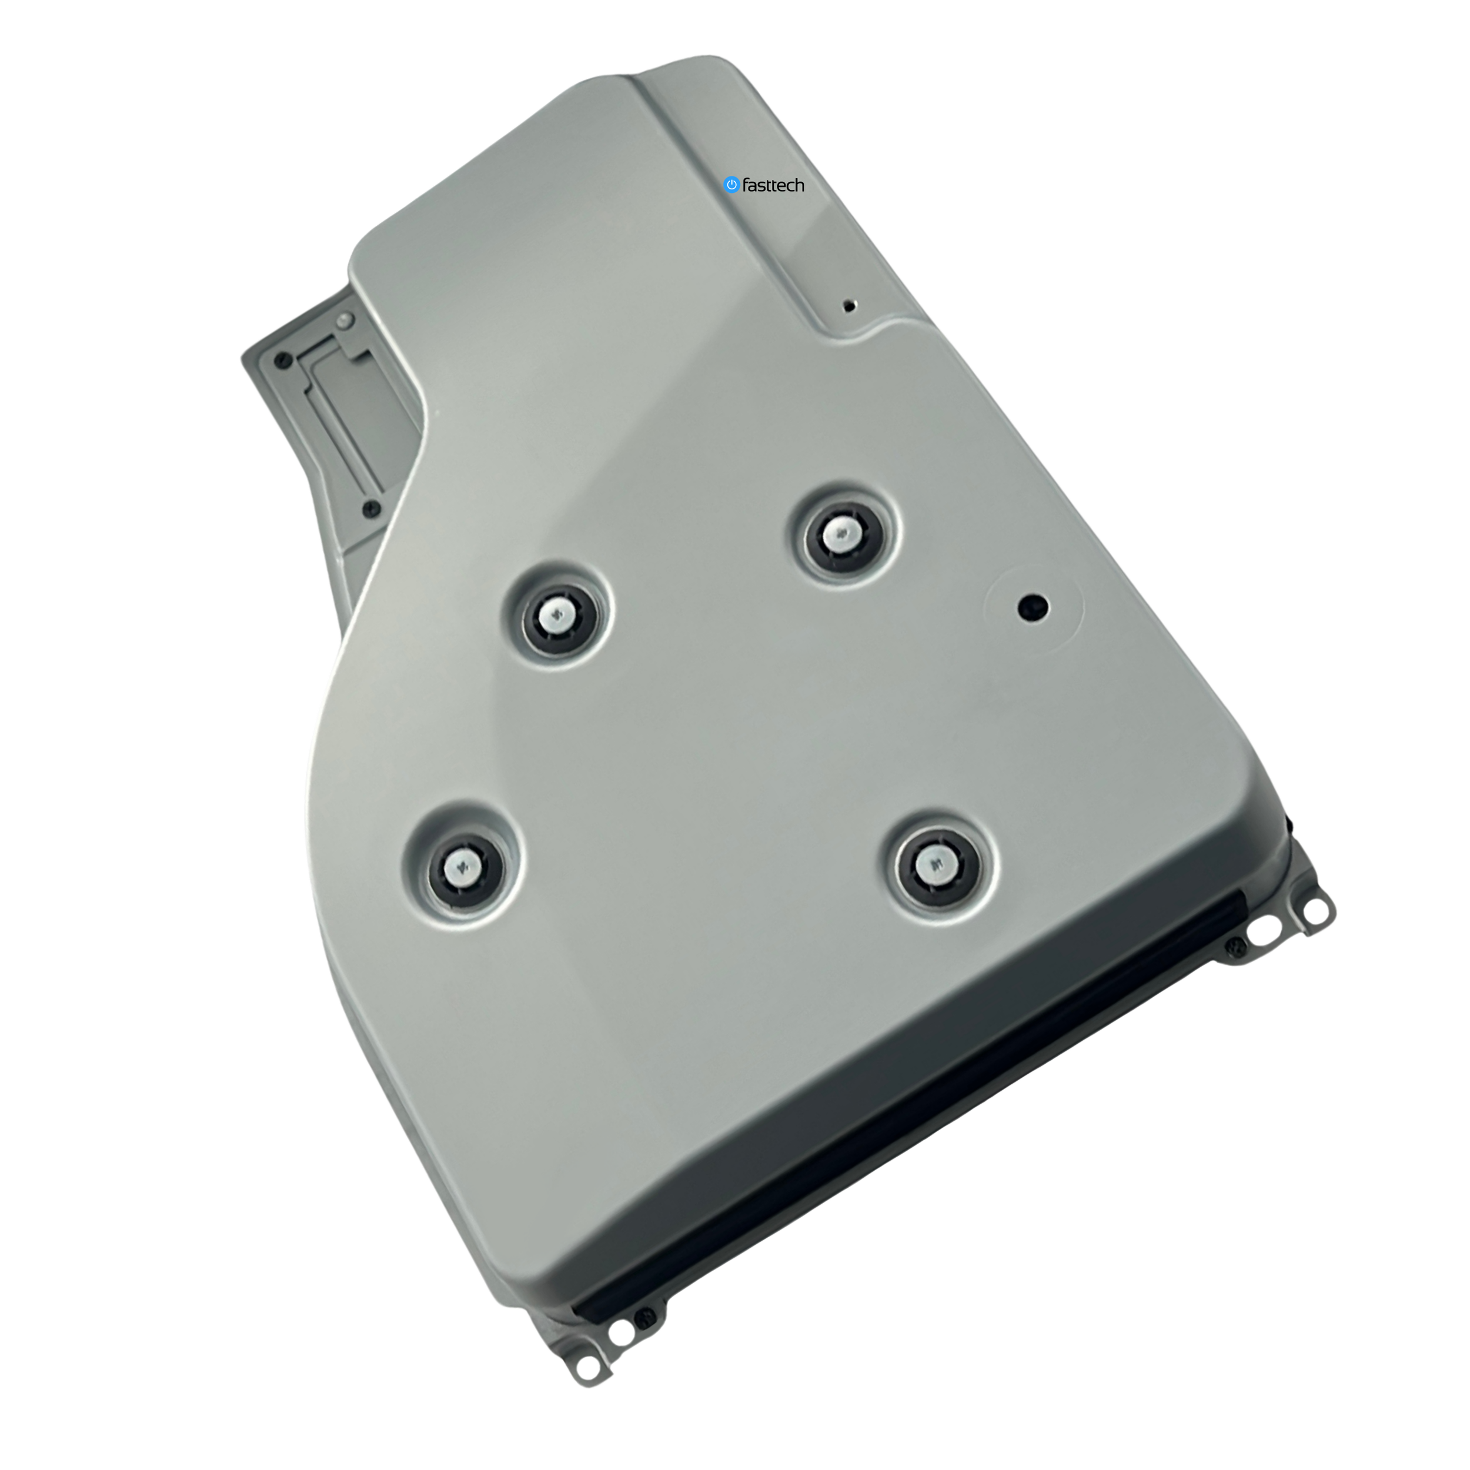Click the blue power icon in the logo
(731, 184)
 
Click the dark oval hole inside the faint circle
(1033, 606)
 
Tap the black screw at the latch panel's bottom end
(370, 507)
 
